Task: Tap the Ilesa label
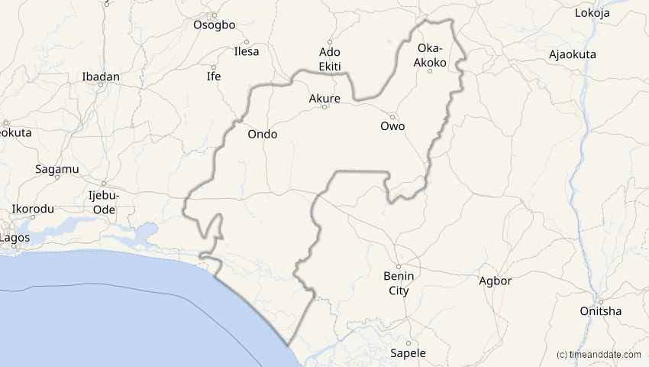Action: [246, 52]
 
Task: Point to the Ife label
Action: [214, 76]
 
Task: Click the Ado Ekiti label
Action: [329, 57]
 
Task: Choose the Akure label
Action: [324, 98]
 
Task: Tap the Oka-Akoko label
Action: [430, 55]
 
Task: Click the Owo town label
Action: [392, 126]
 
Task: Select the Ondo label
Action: [263, 134]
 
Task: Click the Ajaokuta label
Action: [573, 54]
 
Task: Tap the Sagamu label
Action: [53, 169]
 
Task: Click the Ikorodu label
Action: [33, 209]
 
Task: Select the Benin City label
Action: [399, 283]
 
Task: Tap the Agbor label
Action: [495, 281]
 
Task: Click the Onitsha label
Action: [600, 310]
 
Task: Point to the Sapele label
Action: [408, 353]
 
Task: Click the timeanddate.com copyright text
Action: [600, 355]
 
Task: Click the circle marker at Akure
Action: [324, 107]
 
